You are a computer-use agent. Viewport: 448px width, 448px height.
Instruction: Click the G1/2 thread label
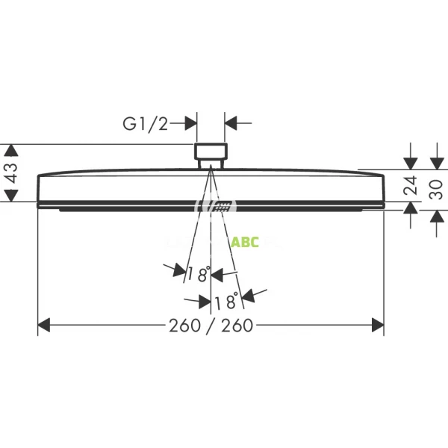[x=146, y=124]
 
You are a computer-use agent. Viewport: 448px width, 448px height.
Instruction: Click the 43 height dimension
[x=10, y=173]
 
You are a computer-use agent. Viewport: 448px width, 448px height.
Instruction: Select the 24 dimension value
[x=410, y=186]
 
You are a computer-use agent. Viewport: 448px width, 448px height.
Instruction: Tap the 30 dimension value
[x=438, y=186]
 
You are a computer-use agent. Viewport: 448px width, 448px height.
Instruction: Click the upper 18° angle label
[x=199, y=274]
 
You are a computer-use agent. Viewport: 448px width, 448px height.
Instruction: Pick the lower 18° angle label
[x=225, y=302]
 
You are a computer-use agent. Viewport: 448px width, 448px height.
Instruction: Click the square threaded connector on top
[x=211, y=152]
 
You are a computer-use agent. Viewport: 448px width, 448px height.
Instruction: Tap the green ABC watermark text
[x=244, y=242]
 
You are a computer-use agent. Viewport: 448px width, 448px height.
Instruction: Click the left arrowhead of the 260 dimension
[x=43, y=325]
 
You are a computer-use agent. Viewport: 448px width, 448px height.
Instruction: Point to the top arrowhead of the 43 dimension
[x=10, y=149]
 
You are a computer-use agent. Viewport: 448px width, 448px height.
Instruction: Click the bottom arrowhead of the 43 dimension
[x=10, y=196]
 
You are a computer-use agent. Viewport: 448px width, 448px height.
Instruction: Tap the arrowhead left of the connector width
[x=191, y=123]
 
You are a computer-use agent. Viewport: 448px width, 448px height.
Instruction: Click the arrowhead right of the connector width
[x=231, y=123]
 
